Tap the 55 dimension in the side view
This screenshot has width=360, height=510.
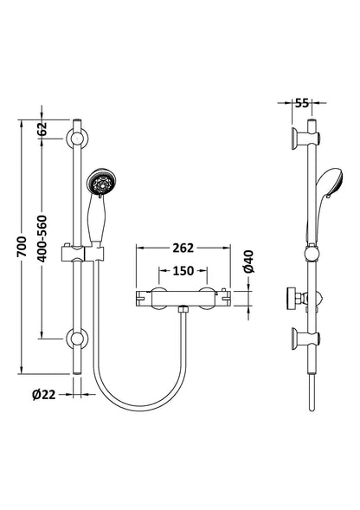[x=302, y=102]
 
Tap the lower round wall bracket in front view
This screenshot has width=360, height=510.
[x=78, y=338]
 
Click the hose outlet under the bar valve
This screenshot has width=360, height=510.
[x=183, y=310]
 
